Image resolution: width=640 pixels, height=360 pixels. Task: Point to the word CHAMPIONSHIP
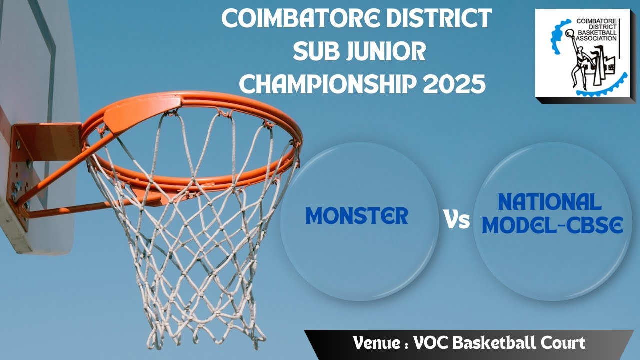[x=327, y=84]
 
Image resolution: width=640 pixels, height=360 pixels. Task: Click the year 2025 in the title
[x=454, y=84]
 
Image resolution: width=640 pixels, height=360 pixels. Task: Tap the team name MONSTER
[x=357, y=216]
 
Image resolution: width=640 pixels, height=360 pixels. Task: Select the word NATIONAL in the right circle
[x=549, y=202]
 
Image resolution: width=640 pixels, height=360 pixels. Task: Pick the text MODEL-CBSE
[x=552, y=226]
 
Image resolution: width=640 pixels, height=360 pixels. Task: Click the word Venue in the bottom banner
[x=377, y=343]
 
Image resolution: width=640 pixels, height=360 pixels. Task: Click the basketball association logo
[x=582, y=53]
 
